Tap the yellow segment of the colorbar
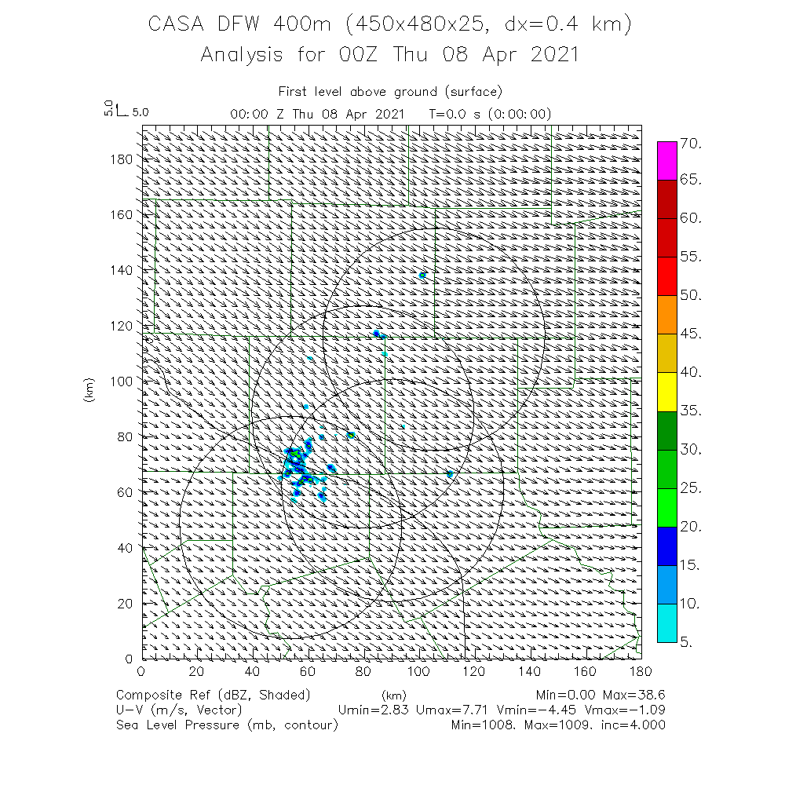(666, 392)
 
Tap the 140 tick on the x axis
(530, 671)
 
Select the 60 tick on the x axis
(308, 671)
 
